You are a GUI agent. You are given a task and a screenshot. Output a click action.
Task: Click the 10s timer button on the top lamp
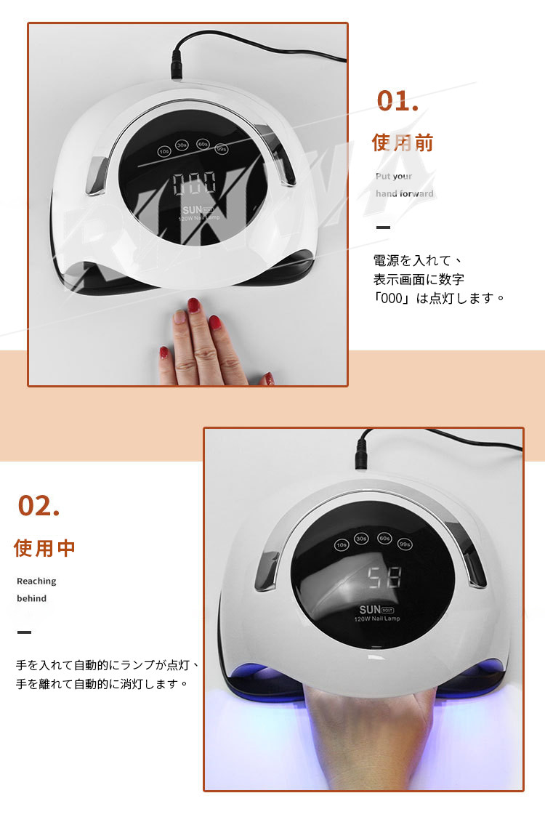(164, 151)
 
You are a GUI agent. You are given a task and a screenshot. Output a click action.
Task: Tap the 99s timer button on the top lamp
(222, 149)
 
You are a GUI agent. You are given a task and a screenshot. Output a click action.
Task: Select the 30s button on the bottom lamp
(361, 538)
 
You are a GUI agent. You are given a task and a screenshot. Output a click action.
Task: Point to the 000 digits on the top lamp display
(194, 183)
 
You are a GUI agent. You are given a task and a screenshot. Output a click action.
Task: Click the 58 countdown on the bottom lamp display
(384, 577)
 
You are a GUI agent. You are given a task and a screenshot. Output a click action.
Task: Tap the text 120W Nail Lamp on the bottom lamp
(377, 619)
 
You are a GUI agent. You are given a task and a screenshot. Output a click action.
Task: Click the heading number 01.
(397, 100)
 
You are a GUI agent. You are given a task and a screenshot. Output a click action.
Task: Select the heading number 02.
(39, 505)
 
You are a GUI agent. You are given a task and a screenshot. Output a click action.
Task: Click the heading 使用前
(403, 142)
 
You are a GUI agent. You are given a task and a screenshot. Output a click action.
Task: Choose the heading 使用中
(44, 547)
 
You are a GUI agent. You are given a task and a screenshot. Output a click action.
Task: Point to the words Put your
(394, 176)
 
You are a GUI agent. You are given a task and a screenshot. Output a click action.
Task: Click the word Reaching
(36, 581)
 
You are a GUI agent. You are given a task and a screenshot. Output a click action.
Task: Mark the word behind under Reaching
(32, 598)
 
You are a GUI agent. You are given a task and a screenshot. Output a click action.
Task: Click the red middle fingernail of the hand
(194, 305)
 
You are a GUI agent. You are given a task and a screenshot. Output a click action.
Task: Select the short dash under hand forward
(383, 228)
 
